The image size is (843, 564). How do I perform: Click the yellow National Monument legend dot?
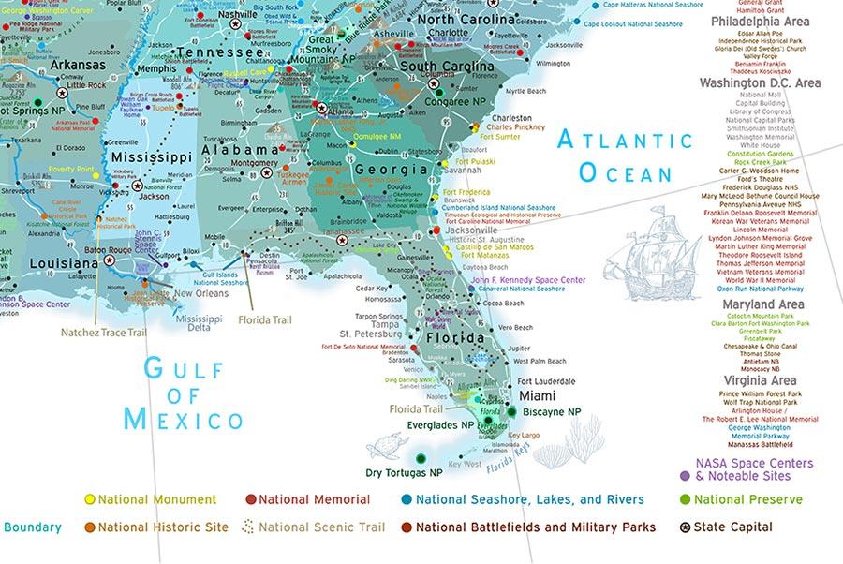tap(90, 500)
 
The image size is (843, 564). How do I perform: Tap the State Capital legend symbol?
tap(687, 527)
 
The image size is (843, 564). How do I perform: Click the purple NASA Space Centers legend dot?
tap(687, 476)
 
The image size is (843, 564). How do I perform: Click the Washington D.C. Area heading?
tap(760, 82)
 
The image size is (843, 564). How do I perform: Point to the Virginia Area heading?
tap(760, 380)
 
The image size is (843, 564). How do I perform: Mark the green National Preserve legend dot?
tap(687, 500)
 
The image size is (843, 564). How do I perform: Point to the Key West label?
tap(465, 465)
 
